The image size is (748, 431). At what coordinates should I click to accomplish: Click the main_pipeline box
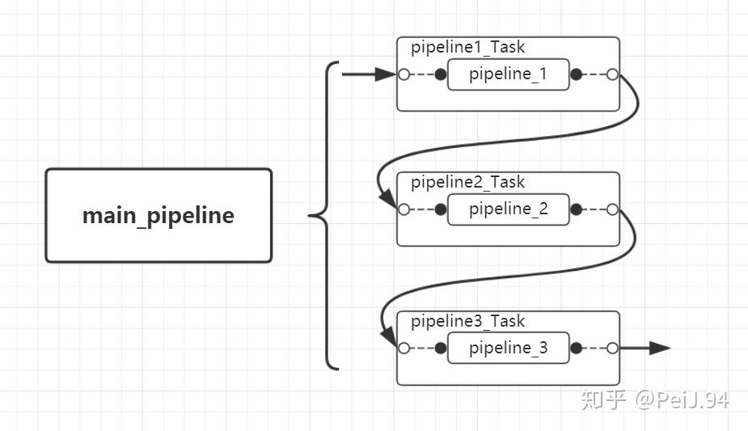pyautogui.click(x=158, y=216)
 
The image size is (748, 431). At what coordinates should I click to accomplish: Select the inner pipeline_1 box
pyautogui.click(x=508, y=74)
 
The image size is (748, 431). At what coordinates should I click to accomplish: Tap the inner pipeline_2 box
pyautogui.click(x=508, y=209)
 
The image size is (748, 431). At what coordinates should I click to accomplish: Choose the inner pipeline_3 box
pyautogui.click(x=508, y=349)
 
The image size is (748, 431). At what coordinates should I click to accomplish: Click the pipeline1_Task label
pyautogui.click(x=467, y=47)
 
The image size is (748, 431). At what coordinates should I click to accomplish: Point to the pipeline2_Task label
pyautogui.click(x=467, y=182)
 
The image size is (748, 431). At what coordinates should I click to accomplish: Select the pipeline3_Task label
pyautogui.click(x=467, y=321)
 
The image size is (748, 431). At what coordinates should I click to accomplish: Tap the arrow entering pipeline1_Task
pyautogui.click(x=368, y=74)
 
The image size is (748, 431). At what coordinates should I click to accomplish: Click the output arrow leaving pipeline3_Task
pyautogui.click(x=647, y=349)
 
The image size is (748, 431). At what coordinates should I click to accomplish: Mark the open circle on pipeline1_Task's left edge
pyautogui.click(x=403, y=74)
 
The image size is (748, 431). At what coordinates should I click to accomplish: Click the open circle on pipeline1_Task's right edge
pyautogui.click(x=612, y=74)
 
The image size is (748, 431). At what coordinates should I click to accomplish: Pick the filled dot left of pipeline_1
pyautogui.click(x=440, y=74)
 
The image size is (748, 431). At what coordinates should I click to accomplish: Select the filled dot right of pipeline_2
pyautogui.click(x=576, y=209)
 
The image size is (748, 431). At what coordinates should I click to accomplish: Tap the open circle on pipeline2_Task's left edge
pyautogui.click(x=403, y=209)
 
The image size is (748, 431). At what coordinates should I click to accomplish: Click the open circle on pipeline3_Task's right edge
pyautogui.click(x=612, y=349)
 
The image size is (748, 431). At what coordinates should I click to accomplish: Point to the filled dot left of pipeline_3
pyautogui.click(x=440, y=349)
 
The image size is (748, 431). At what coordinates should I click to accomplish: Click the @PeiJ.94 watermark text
pyautogui.click(x=681, y=399)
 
